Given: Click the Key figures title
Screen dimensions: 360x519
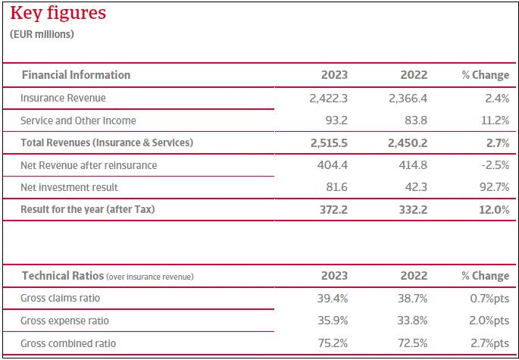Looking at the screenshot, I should [x=58, y=14].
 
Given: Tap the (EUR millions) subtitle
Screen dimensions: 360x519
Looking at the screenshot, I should [x=42, y=34].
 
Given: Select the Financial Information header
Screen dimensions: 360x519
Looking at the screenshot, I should [x=76, y=75].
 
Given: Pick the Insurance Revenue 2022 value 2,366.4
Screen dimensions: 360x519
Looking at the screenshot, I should [x=408, y=98].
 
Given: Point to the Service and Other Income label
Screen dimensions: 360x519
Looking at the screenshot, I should [x=78, y=121].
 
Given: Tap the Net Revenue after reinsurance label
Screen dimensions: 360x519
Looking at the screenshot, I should [x=89, y=164].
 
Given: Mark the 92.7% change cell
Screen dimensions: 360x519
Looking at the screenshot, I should [x=492, y=187].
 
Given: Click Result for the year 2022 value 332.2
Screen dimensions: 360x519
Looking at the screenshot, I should [x=413, y=209].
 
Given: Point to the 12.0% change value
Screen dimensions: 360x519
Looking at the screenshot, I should [x=492, y=209].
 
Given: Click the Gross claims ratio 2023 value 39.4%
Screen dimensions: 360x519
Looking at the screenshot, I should [x=333, y=299].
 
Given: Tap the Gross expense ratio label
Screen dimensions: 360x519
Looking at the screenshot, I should [x=66, y=321].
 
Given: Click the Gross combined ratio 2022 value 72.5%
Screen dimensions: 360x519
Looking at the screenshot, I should [x=412, y=343].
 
